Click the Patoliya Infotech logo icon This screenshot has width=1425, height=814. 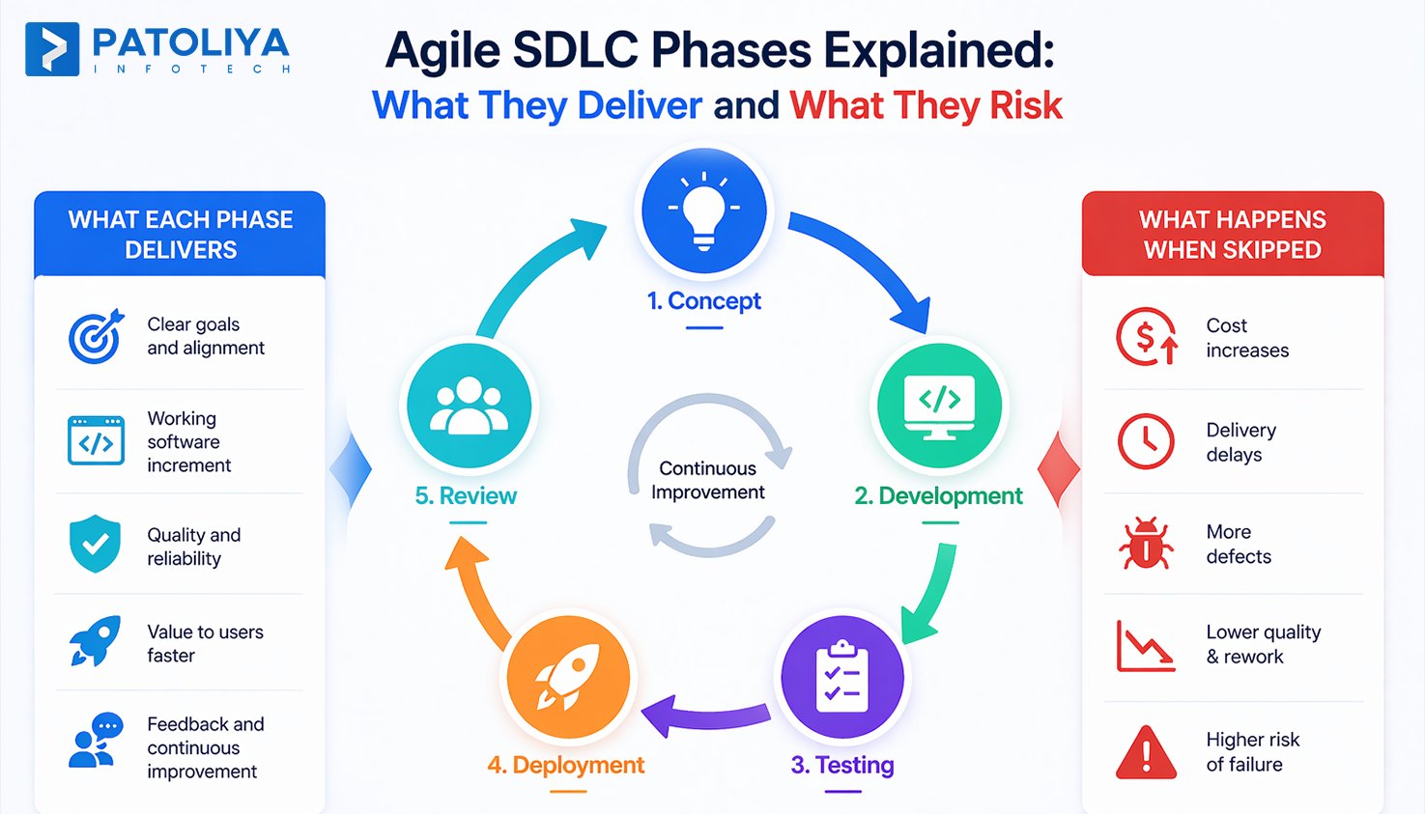[52, 49]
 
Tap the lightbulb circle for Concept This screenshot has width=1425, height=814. [704, 211]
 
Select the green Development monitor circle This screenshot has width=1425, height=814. [939, 406]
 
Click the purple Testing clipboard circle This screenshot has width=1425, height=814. [841, 677]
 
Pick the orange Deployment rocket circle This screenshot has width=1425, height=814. [568, 677]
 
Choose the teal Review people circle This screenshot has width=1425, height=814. [469, 406]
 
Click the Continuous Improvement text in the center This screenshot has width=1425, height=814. [708, 480]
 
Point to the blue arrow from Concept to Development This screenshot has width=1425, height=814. [865, 261]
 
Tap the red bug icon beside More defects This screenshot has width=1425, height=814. [1146, 544]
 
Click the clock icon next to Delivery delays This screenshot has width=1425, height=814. [1146, 441]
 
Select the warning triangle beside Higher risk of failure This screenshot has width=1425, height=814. [1146, 752]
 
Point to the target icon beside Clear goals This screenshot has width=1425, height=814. [96, 336]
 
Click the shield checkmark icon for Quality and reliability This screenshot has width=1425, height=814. [95, 544]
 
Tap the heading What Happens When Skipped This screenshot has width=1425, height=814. [1232, 235]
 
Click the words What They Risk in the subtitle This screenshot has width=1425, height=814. [926, 105]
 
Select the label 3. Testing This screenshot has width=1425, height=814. [841, 765]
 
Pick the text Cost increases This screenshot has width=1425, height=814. [1246, 338]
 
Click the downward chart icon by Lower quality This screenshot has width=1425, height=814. [1146, 645]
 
